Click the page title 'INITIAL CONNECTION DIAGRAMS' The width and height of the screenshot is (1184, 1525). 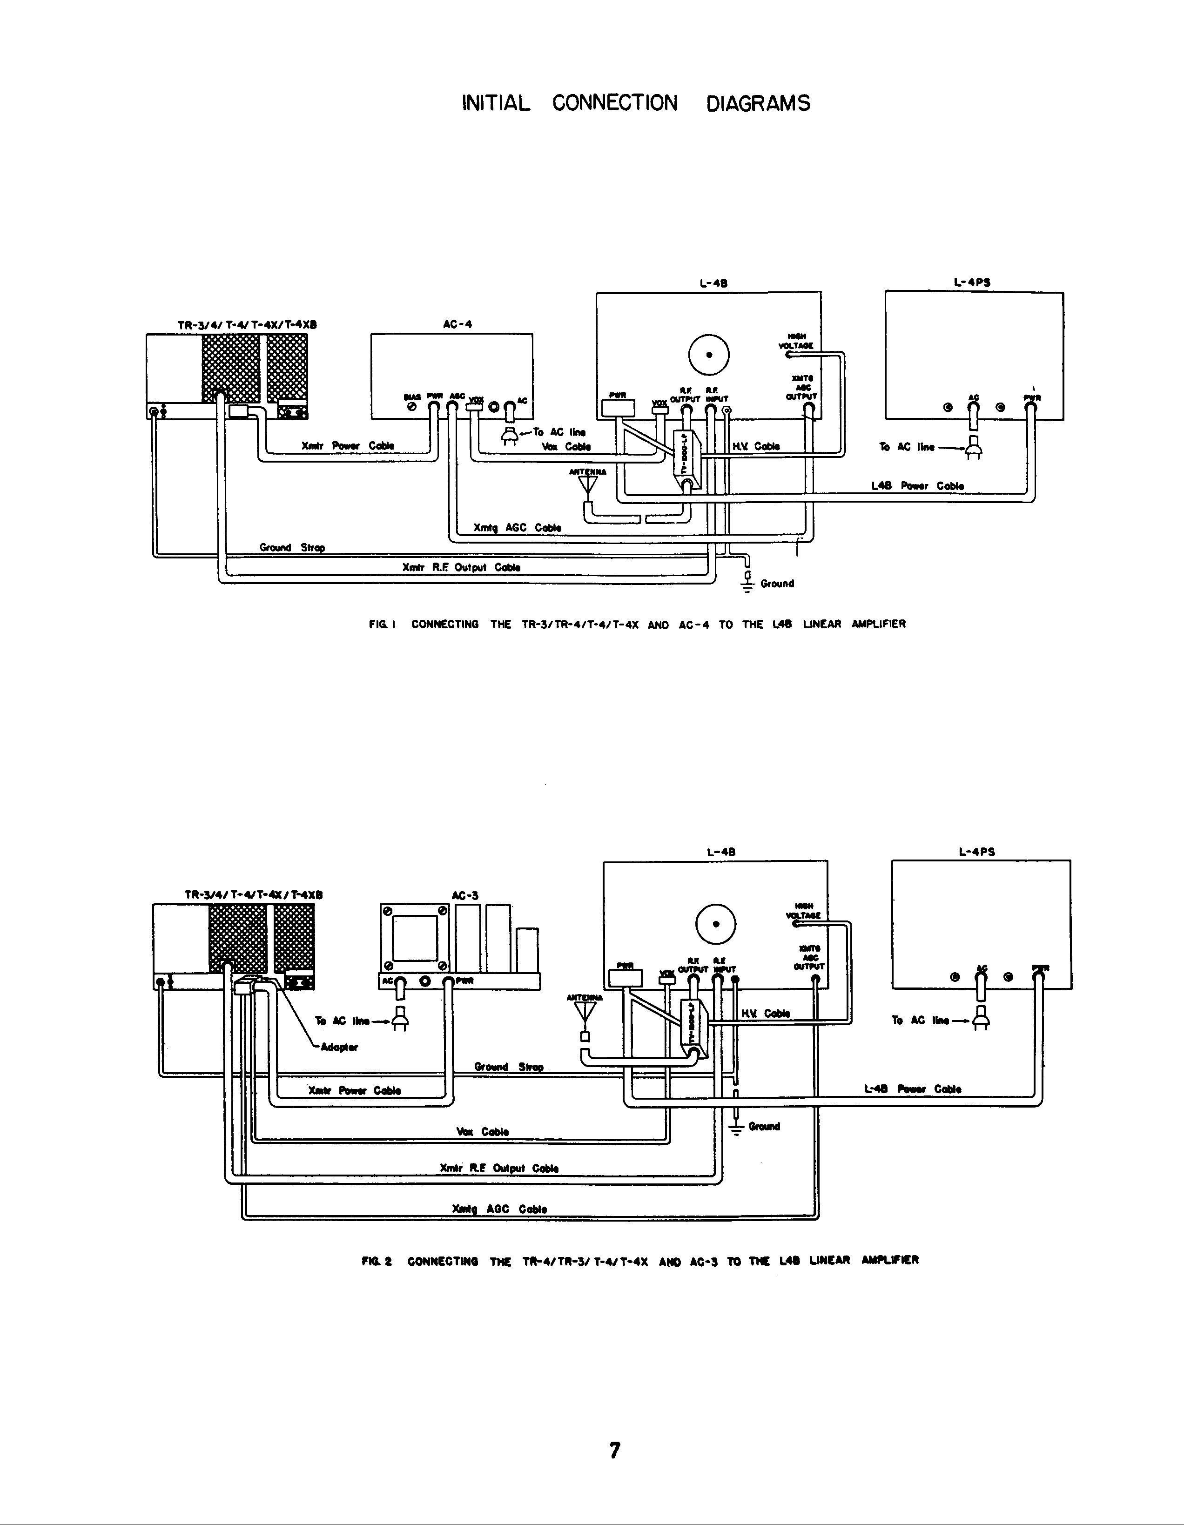636,103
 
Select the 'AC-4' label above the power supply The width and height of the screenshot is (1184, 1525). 457,324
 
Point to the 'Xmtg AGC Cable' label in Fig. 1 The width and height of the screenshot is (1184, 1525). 517,528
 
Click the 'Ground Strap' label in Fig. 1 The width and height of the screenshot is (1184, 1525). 292,547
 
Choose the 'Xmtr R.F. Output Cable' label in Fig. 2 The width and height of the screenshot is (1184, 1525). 499,1168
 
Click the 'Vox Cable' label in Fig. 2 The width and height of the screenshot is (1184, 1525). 482,1132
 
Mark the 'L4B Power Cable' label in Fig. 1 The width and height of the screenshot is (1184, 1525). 917,486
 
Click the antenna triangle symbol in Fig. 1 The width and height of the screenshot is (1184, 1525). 588,484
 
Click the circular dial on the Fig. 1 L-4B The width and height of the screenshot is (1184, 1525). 709,355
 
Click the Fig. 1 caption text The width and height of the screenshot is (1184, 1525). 637,624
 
